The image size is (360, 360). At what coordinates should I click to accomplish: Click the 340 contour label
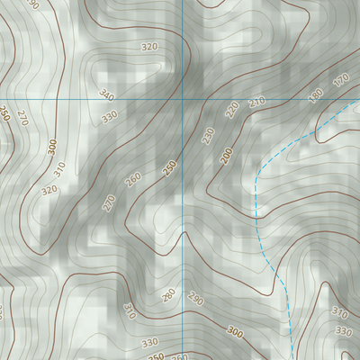(x=107, y=94)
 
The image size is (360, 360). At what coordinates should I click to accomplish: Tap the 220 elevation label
(x=232, y=110)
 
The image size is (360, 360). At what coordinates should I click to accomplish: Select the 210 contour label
(x=256, y=103)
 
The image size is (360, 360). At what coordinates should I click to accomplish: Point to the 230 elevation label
(x=208, y=135)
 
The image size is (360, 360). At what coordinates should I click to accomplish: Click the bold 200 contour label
(x=226, y=157)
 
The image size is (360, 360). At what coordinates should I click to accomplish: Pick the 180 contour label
(x=315, y=94)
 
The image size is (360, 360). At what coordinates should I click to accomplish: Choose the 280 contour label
(x=168, y=295)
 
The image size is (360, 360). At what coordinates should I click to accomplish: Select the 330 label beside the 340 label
(x=110, y=116)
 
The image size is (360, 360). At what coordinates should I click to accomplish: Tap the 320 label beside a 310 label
(x=49, y=189)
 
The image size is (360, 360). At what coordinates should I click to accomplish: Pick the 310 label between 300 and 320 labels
(x=60, y=168)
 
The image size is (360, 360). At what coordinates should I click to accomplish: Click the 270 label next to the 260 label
(x=109, y=203)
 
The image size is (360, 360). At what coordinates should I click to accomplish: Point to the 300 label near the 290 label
(x=235, y=333)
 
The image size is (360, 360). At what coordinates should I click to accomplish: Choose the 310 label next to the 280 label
(x=128, y=311)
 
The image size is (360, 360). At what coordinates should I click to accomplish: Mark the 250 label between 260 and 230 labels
(x=169, y=167)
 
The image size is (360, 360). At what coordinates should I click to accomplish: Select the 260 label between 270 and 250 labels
(x=133, y=180)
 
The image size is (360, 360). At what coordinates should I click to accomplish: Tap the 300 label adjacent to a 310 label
(x=51, y=145)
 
